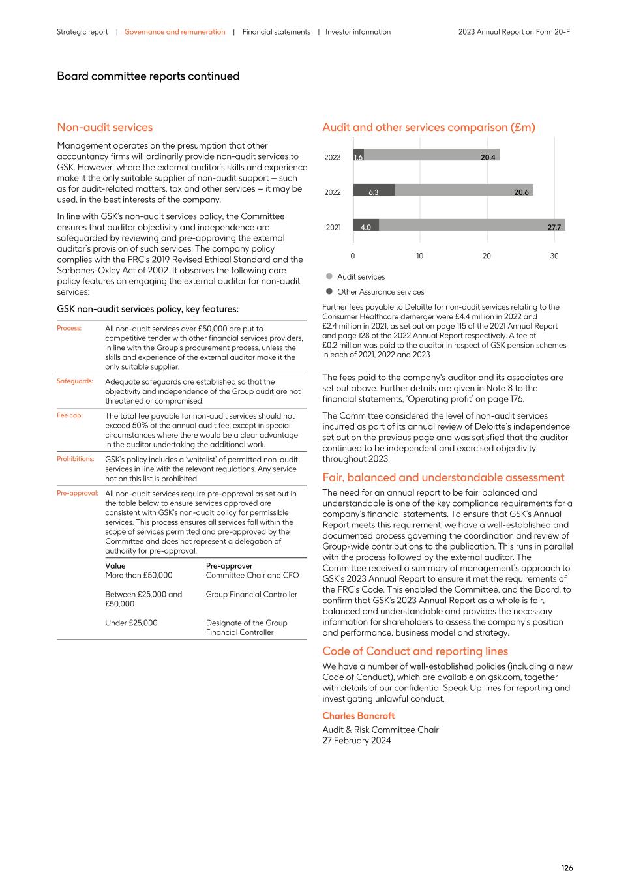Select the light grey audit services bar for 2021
(470, 226)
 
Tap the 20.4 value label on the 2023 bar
(488, 157)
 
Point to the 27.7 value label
(554, 227)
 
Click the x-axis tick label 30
(554, 256)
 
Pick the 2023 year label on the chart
(333, 157)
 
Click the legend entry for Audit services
(360, 276)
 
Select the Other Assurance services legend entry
(380, 292)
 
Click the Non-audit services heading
(104, 127)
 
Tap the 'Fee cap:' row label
(70, 415)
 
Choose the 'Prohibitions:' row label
(75, 459)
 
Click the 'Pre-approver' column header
(229, 566)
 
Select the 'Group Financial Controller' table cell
(251, 594)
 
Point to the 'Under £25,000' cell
(131, 623)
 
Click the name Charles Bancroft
(358, 715)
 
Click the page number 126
(567, 868)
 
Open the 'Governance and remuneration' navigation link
(175, 32)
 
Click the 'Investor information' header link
(358, 32)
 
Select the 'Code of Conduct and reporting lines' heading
(415, 651)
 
